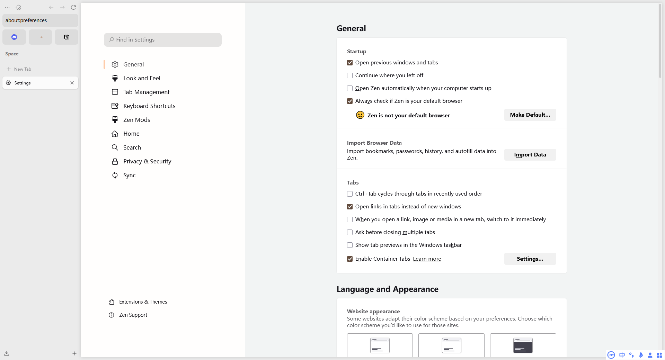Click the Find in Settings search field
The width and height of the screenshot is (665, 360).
click(x=163, y=40)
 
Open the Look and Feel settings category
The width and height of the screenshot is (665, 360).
click(x=142, y=78)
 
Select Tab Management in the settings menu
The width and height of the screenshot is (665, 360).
click(x=146, y=92)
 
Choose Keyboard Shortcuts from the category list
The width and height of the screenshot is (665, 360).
click(x=149, y=106)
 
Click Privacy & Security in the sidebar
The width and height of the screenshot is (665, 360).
click(x=147, y=161)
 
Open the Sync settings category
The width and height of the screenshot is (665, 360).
click(x=129, y=175)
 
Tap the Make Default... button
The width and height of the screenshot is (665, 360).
click(x=530, y=115)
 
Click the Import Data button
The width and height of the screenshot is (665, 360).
click(x=530, y=155)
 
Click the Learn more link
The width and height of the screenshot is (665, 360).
click(x=427, y=259)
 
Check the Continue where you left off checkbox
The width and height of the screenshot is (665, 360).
click(x=350, y=75)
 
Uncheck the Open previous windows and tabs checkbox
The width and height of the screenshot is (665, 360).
click(x=350, y=63)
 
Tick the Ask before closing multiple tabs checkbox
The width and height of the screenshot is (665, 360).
click(x=350, y=232)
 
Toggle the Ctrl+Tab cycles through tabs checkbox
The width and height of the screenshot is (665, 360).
click(x=350, y=194)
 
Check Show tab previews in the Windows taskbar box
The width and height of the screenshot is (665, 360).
click(x=350, y=245)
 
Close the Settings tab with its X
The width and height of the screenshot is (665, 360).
click(x=72, y=83)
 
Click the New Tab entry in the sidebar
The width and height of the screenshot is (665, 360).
click(x=23, y=69)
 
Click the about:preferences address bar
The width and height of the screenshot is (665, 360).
click(x=40, y=20)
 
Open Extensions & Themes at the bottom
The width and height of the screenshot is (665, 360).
click(x=143, y=302)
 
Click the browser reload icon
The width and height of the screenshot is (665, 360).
click(x=73, y=7)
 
